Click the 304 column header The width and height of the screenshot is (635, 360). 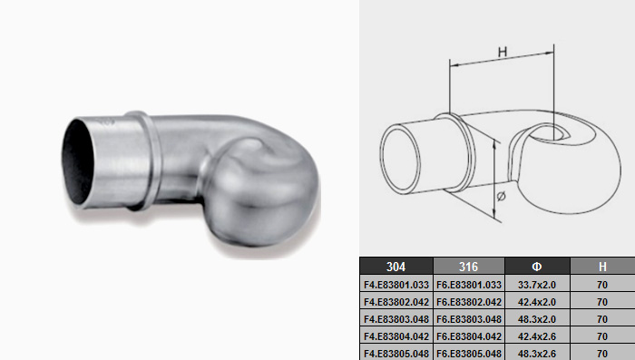point(396,267)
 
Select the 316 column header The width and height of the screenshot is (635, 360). point(469,267)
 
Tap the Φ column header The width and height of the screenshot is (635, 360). point(537,267)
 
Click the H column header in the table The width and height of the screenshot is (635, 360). point(602,267)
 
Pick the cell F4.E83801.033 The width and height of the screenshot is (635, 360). point(396,285)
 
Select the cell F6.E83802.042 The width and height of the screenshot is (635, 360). point(469,302)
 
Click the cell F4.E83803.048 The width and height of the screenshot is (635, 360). point(396,319)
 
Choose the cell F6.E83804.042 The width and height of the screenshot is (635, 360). point(469,336)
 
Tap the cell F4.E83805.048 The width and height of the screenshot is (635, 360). point(396,353)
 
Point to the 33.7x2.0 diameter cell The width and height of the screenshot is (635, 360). point(537,285)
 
